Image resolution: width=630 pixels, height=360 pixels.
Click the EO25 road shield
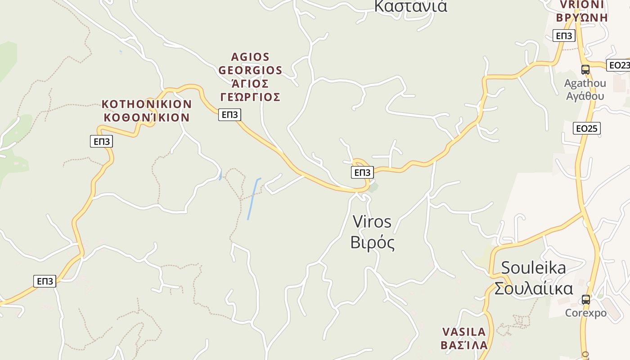click(x=587, y=129)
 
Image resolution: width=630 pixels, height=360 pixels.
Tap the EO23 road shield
click(x=619, y=65)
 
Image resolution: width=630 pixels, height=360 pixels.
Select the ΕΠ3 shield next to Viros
click(x=362, y=172)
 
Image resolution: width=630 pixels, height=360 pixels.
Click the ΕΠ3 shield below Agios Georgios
click(x=229, y=115)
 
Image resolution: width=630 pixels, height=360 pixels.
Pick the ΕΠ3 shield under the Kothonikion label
click(x=101, y=142)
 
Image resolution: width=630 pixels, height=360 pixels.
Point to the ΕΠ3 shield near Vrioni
click(x=564, y=36)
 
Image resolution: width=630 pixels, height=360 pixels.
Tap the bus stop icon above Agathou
click(x=585, y=70)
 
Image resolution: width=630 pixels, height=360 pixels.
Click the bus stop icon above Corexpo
click(x=585, y=299)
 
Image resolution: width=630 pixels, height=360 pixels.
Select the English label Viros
click(x=372, y=222)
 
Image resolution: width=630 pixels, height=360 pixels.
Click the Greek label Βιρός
click(x=373, y=243)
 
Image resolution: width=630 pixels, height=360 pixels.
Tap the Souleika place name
click(x=533, y=268)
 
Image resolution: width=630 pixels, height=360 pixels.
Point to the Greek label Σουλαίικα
click(x=534, y=288)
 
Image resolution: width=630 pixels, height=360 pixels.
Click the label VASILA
click(x=464, y=332)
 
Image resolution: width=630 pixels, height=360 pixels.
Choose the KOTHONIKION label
click(x=147, y=104)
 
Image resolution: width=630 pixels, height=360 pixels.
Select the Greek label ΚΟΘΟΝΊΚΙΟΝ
click(x=147, y=118)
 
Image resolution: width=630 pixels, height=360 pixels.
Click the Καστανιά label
click(x=410, y=6)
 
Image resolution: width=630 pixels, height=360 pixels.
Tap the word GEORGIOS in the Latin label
click(x=250, y=71)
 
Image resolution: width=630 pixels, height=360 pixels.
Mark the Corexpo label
click(x=585, y=313)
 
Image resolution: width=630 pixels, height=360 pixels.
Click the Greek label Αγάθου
click(x=585, y=96)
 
